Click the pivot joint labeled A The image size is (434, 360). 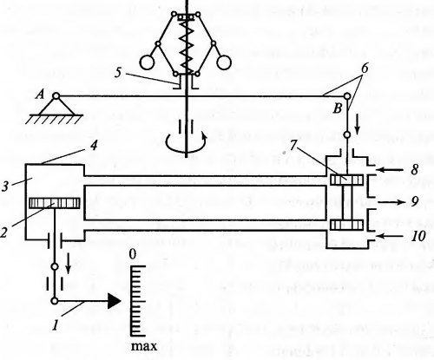56,95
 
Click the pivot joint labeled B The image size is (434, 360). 347,96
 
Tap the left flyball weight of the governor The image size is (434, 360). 147,62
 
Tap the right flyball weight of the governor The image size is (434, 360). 224,62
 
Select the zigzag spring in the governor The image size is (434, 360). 187,48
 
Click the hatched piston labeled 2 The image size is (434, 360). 55,203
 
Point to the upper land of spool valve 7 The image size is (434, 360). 346,180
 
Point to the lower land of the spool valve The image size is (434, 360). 346,225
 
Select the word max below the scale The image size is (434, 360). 144,346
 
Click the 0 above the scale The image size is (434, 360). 132,255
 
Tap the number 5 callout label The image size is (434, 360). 118,72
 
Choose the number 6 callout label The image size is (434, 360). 365,69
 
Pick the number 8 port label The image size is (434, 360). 415,169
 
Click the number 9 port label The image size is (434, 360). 415,201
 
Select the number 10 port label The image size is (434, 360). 418,236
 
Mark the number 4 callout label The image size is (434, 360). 93,146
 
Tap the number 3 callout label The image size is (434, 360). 5,187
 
